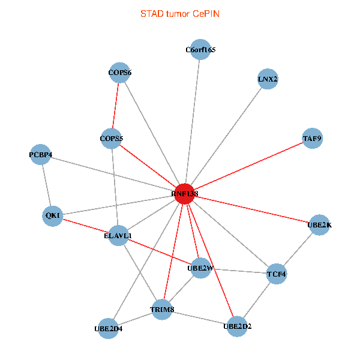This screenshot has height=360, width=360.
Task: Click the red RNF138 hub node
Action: click(185, 194)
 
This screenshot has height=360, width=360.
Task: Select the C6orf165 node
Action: click(200, 50)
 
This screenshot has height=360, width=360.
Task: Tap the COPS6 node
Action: click(120, 73)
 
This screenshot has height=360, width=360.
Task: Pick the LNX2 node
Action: click(268, 79)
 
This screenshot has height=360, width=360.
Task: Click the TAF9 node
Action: click(313, 139)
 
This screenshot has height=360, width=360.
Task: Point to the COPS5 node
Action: click(112, 139)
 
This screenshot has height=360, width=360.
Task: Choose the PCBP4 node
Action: click(41, 155)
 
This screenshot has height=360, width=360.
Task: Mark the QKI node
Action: click(53, 215)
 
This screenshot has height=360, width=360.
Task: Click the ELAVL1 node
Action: click(118, 236)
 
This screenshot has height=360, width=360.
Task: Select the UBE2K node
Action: click(319, 225)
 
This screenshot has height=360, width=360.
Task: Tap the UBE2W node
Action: click(200, 268)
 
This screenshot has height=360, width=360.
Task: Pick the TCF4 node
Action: click(277, 274)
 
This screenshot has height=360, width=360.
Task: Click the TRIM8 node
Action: click(162, 310)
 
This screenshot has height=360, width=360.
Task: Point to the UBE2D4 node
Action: click(108, 328)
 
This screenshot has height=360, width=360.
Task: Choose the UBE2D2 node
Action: click(238, 326)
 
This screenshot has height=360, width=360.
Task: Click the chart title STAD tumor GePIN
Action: click(179, 13)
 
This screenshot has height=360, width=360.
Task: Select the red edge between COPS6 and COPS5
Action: click(116, 106)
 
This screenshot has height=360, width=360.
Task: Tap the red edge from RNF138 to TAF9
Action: click(248, 166)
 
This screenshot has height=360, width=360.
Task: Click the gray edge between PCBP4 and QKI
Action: click(47, 185)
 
